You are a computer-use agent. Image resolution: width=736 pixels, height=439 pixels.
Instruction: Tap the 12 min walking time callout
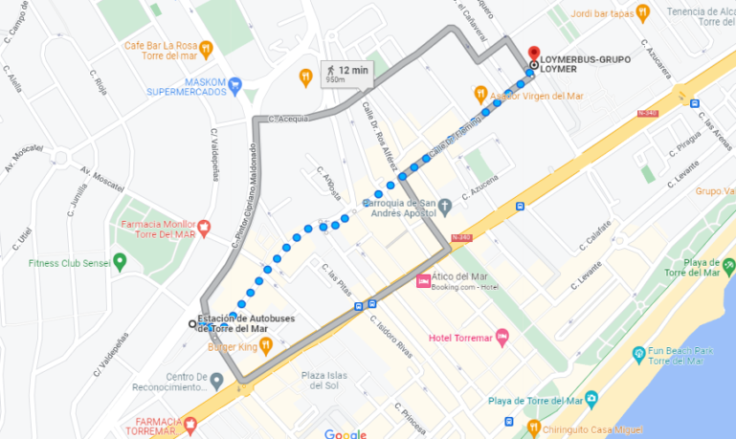pyautogui.click(x=346, y=74)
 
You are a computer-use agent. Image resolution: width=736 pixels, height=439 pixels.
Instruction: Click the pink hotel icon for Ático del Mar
pyautogui.click(x=423, y=281)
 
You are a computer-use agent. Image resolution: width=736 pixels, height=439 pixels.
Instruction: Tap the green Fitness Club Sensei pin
pyautogui.click(x=120, y=261)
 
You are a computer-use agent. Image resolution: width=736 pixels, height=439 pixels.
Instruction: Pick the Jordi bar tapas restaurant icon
pyautogui.click(x=642, y=12)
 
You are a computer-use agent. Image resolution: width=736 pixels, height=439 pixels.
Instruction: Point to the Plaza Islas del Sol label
pyautogui.click(x=320, y=380)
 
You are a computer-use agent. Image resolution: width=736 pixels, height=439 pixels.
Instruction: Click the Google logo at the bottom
pyautogui.click(x=345, y=433)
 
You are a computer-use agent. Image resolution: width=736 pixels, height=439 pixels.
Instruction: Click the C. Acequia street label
pyautogui.click(x=289, y=120)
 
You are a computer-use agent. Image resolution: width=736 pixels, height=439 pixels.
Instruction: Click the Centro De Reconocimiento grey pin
pyautogui.click(x=216, y=381)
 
